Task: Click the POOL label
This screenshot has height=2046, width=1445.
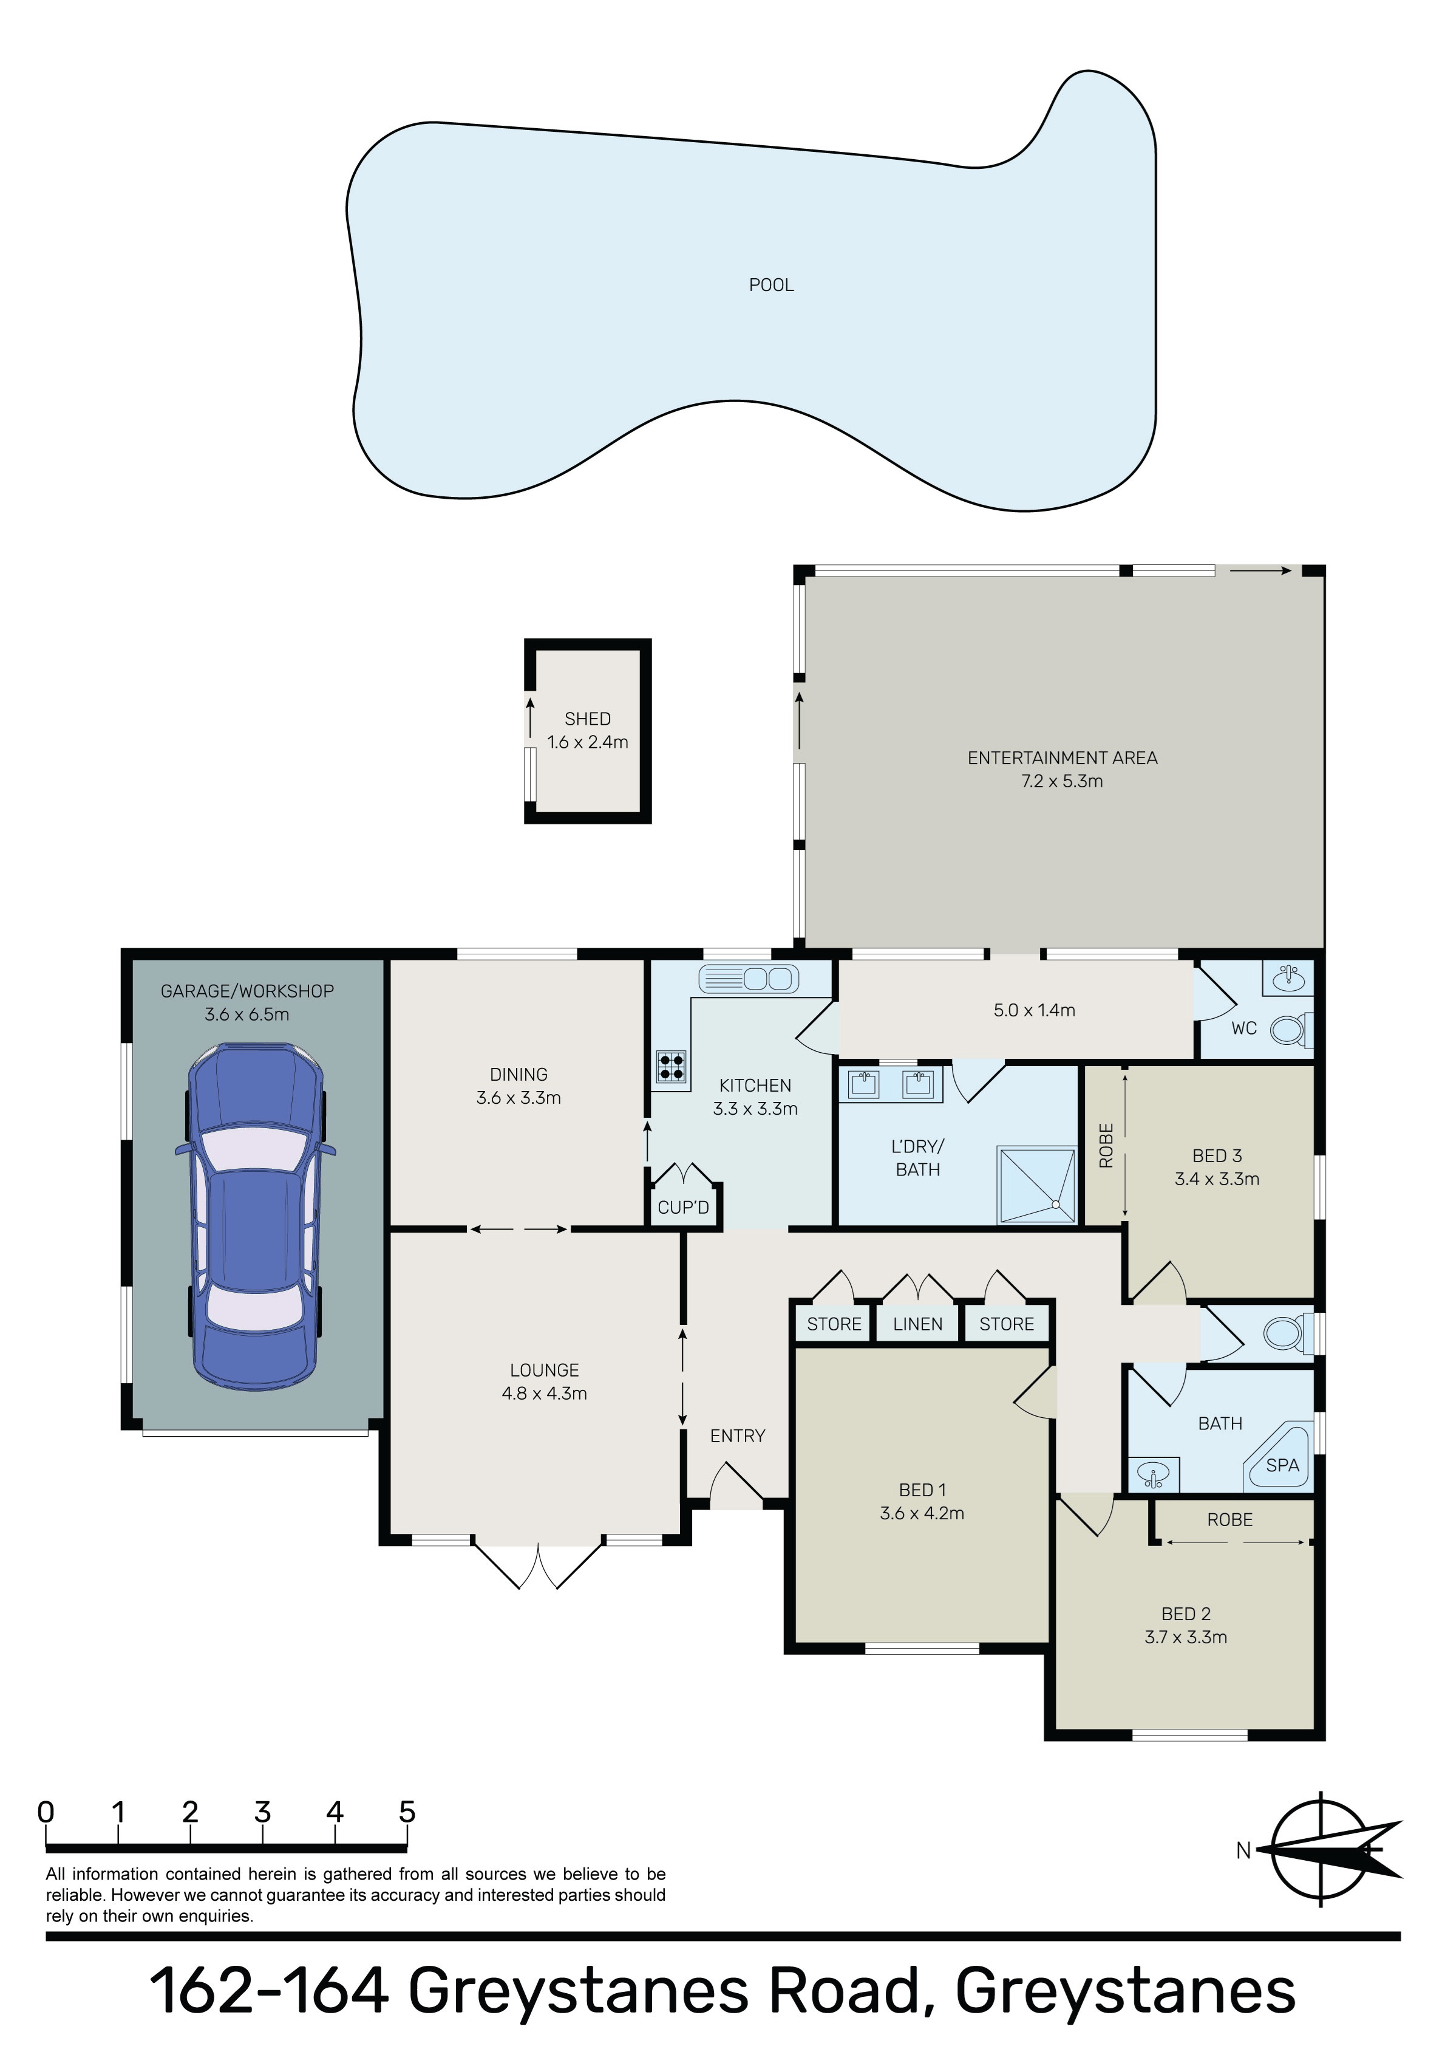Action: pos(772,285)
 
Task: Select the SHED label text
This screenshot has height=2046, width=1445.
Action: pos(588,718)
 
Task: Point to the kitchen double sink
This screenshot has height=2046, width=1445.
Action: pos(749,979)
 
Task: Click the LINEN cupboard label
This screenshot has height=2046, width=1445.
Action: pos(917,1324)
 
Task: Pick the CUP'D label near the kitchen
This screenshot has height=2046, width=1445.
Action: pos(683,1208)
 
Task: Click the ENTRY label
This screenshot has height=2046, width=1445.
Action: pos(738,1435)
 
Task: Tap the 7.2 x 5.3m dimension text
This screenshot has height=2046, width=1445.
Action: pos(1062,781)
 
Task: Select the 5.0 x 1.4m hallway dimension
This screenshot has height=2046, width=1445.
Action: pos(1035,1010)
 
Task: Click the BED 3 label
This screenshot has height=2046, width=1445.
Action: pos(1217,1156)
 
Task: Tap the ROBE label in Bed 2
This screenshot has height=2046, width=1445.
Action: pos(1230,1521)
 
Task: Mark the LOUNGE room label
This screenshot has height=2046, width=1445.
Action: pos(545,1370)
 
